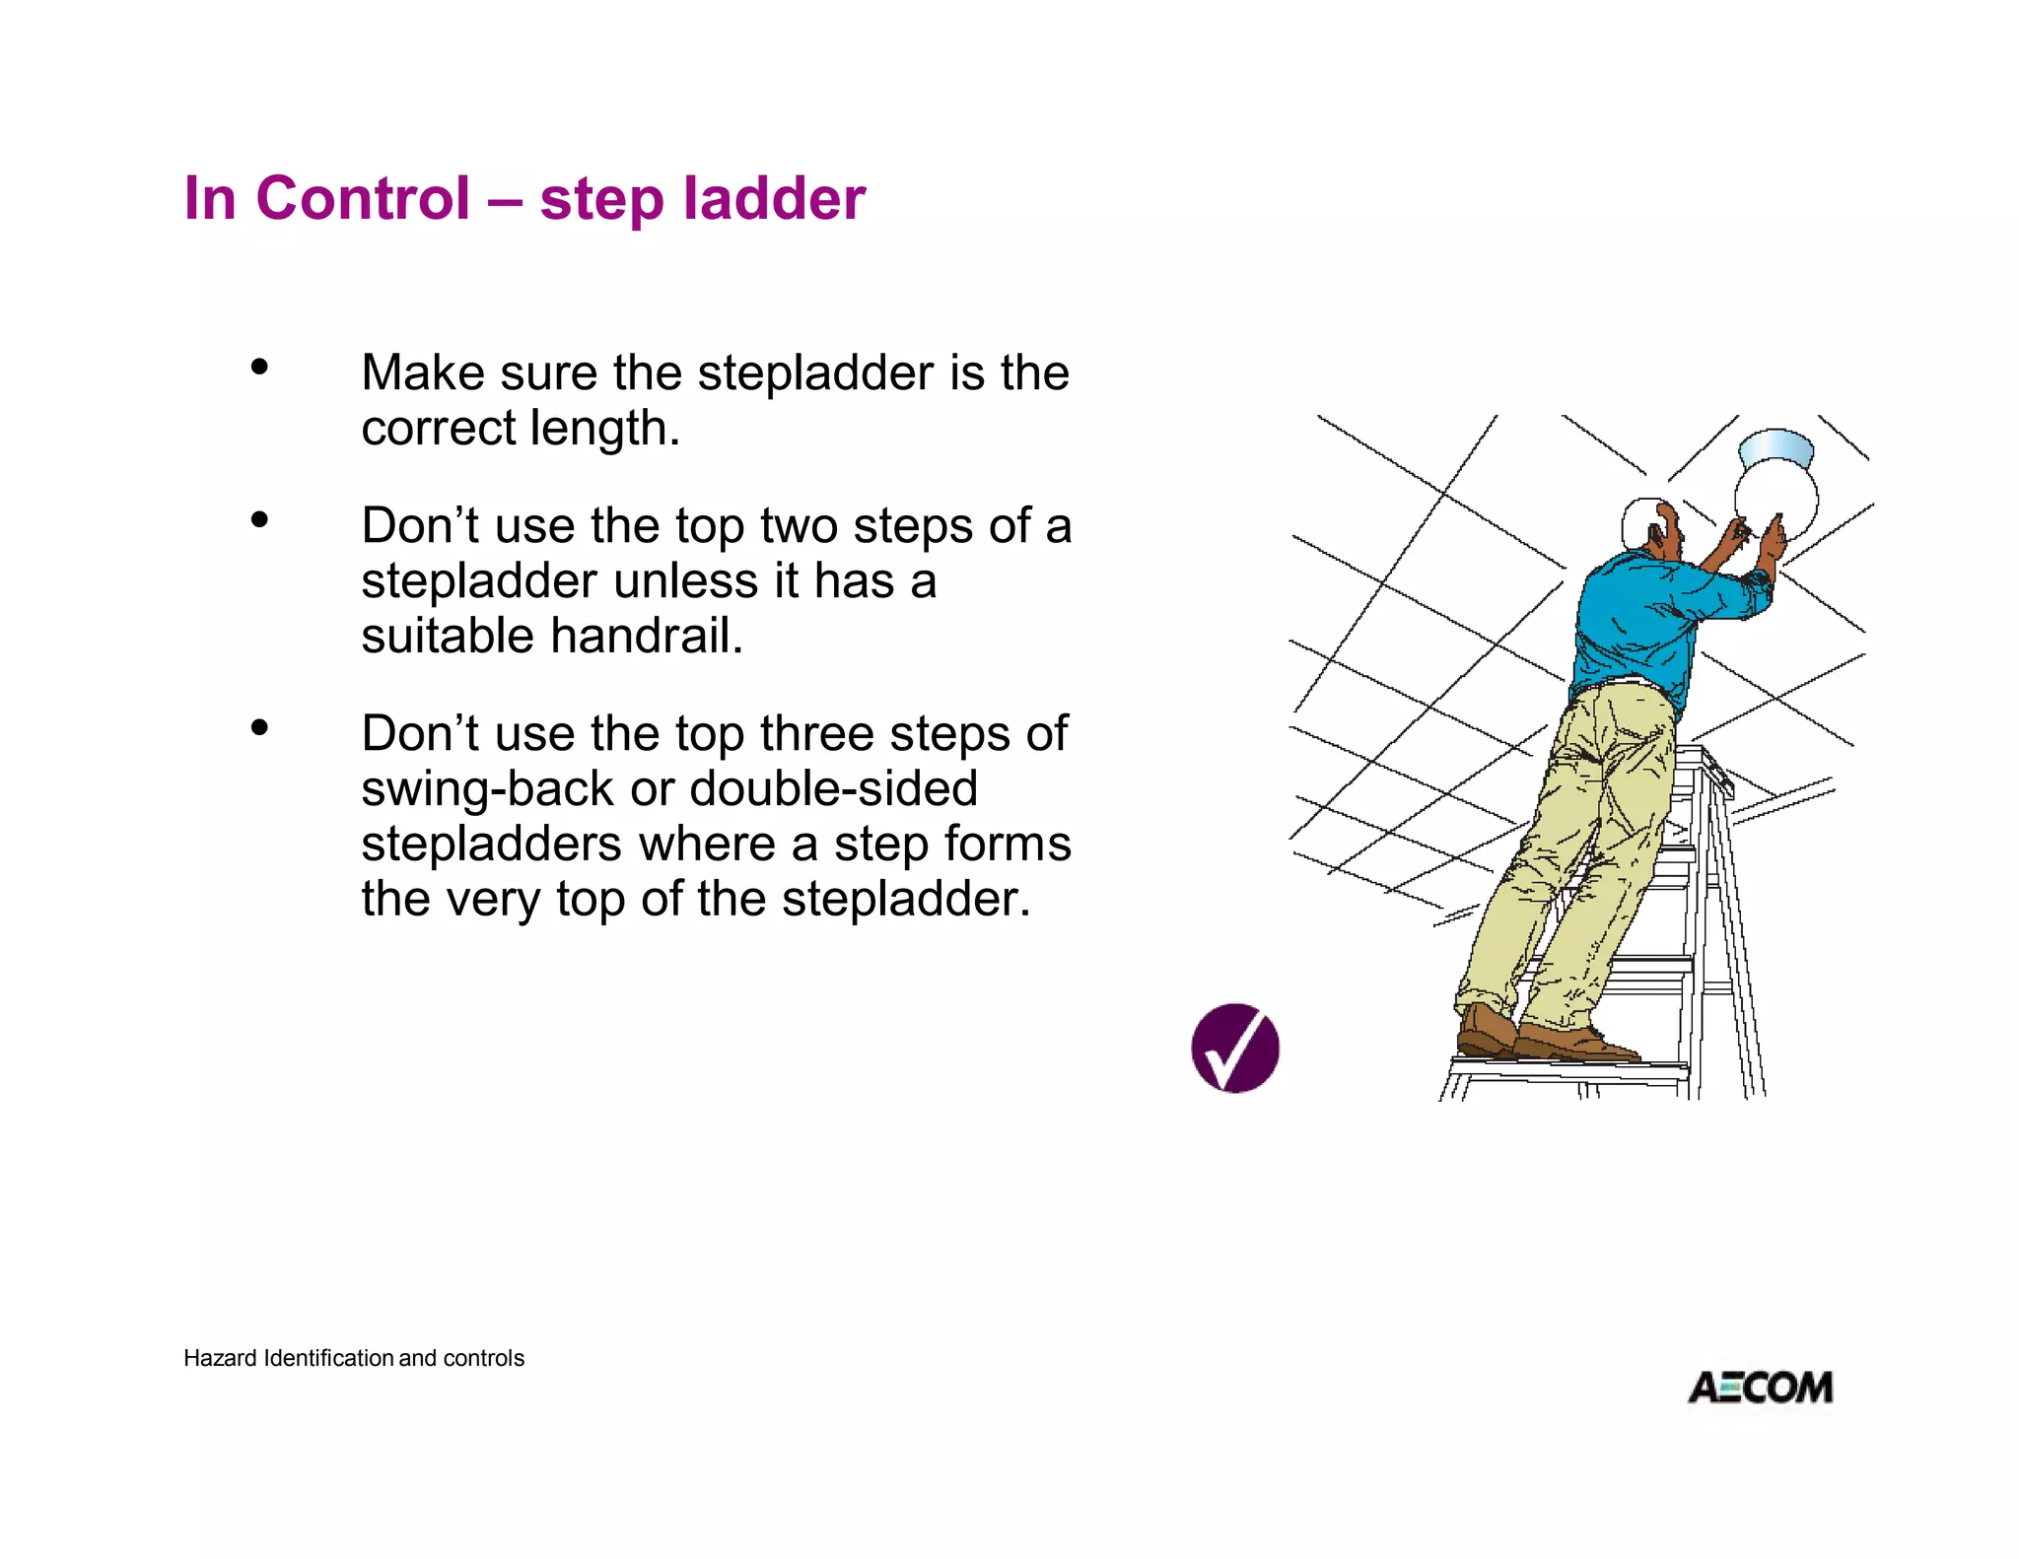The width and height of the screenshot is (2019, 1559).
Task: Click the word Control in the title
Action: point(363,198)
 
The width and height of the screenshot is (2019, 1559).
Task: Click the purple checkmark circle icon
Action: point(1234,1048)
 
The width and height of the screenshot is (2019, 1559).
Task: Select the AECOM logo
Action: point(1761,1388)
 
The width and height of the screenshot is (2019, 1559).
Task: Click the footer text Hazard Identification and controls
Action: point(353,1358)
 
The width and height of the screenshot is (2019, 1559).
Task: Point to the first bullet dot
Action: point(259,367)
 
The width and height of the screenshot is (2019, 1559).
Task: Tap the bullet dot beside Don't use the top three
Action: point(259,727)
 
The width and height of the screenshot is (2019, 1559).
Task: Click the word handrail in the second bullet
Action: point(646,636)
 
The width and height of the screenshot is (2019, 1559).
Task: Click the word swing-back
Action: point(487,789)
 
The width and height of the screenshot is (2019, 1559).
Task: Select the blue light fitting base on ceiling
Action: point(1776,448)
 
